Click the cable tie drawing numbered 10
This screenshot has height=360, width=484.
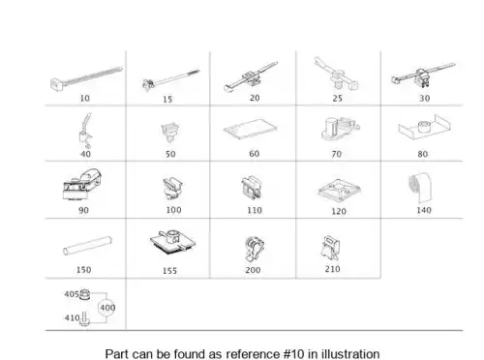point(86,78)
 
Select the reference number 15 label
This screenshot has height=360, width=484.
point(167,99)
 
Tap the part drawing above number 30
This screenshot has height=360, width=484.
point(423,76)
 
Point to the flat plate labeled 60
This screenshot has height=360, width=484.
point(251,129)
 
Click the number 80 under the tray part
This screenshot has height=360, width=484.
point(423,154)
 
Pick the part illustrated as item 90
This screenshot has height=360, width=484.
point(82,185)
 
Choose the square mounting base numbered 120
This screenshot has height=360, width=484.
point(339,190)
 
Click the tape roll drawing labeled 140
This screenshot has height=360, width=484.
point(420,187)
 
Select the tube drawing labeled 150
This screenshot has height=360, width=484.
point(87,246)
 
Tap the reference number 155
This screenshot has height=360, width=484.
point(169,270)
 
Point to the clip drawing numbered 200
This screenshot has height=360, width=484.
point(254,249)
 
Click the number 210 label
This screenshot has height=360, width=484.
point(333,269)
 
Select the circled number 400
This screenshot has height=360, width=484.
point(106,308)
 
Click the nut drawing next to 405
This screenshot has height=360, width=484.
point(84,294)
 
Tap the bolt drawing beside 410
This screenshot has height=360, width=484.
point(84,318)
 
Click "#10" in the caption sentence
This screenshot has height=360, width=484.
point(293,354)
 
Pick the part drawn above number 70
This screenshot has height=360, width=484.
point(340,129)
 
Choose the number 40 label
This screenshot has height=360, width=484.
point(85,154)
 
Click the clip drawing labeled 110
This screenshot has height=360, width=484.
point(252,188)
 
